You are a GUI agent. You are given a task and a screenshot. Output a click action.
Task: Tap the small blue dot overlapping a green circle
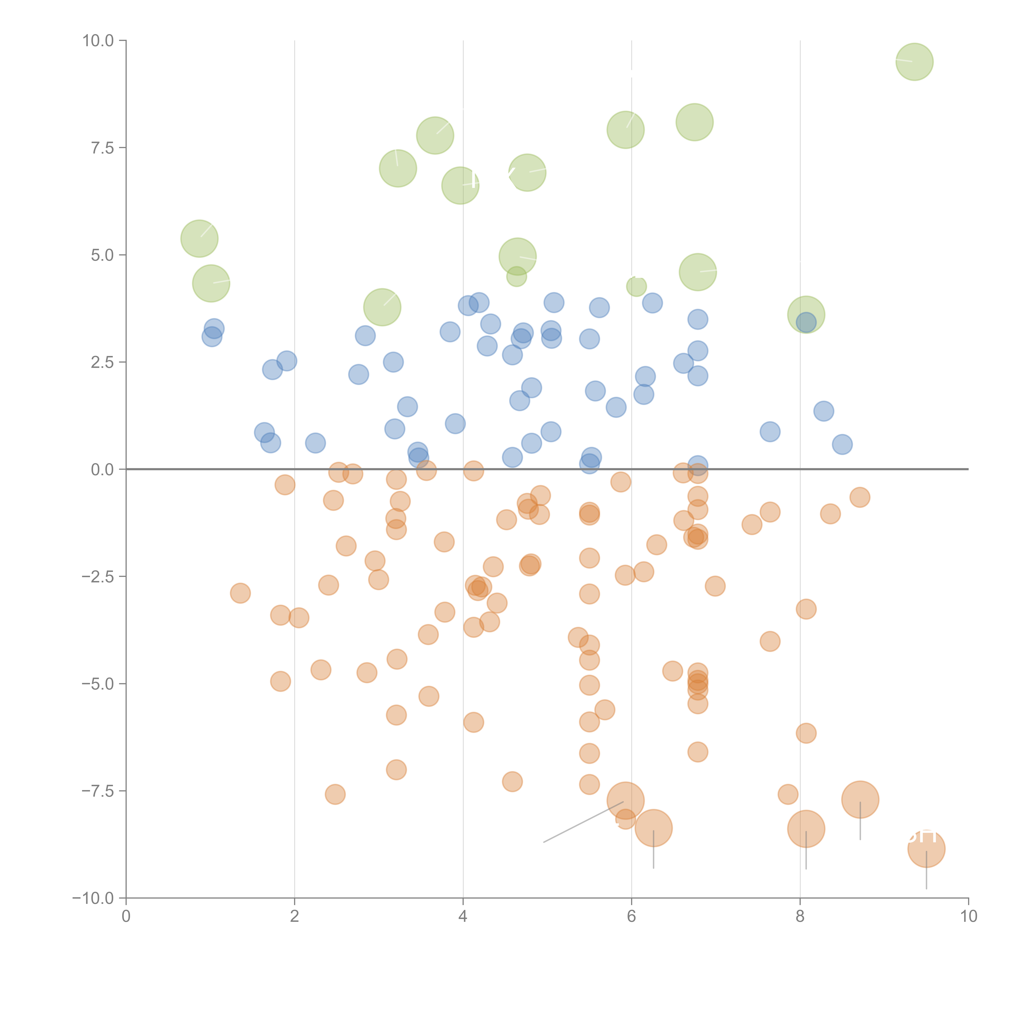coord(806,322)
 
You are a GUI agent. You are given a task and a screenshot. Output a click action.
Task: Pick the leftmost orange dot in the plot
coord(240,593)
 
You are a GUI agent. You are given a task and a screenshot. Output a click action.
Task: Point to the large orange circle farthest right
coord(926,849)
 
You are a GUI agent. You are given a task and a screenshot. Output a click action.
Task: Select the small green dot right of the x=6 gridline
coord(636,286)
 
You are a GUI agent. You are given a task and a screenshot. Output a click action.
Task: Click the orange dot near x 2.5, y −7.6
coord(335,794)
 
